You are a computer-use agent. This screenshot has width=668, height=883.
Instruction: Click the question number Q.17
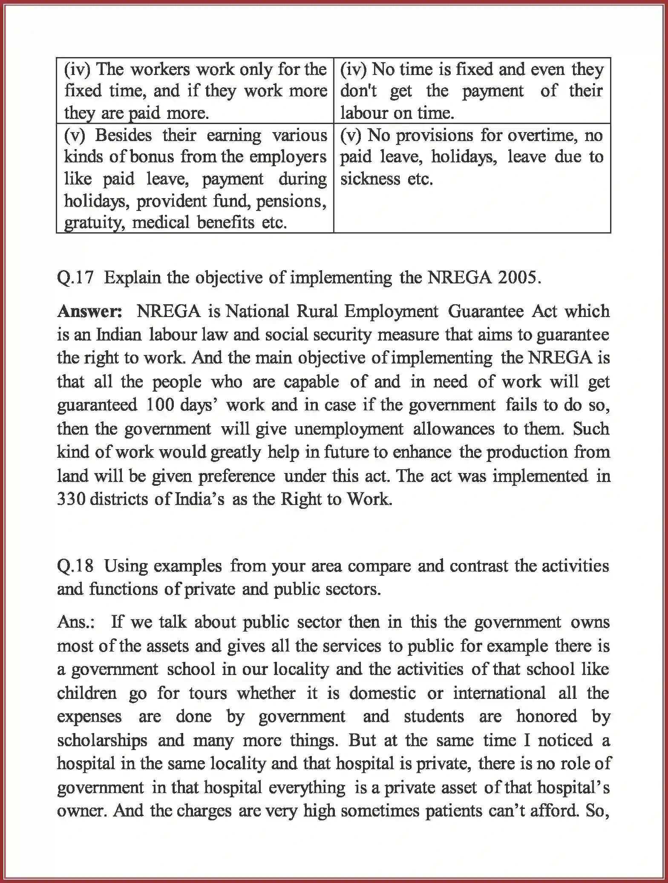pyautogui.click(x=75, y=278)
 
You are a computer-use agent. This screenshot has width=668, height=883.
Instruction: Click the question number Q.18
pyautogui.click(x=75, y=566)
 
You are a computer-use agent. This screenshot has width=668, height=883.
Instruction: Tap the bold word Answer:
pyautogui.click(x=90, y=312)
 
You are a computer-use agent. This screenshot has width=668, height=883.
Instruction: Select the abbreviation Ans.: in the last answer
pyautogui.click(x=76, y=622)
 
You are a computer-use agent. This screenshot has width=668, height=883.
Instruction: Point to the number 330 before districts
pyautogui.click(x=71, y=499)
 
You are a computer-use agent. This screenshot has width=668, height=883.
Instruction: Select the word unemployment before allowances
pyautogui.click(x=349, y=429)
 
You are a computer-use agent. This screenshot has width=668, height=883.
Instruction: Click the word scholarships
pyautogui.click(x=102, y=740)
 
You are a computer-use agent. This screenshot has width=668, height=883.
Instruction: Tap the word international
pyautogui.click(x=499, y=693)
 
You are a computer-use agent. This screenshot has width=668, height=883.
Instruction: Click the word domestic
pyautogui.click(x=382, y=693)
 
